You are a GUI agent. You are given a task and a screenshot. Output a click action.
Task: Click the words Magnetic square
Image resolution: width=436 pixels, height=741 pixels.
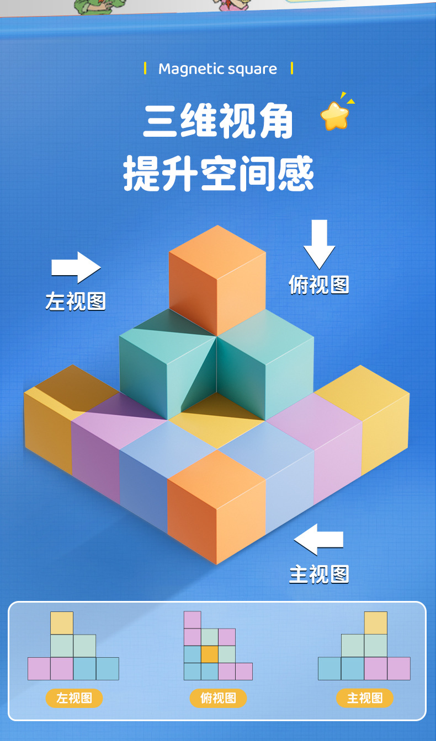click(217, 69)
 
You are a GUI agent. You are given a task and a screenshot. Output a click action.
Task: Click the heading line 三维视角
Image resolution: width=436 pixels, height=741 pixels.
click(218, 122)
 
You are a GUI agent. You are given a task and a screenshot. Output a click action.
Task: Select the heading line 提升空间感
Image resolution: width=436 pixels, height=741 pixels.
click(218, 173)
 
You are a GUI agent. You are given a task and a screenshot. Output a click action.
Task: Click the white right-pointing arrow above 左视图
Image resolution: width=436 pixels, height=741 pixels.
click(76, 267)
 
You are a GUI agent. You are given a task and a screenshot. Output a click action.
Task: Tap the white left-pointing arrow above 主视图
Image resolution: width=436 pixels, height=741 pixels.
click(318, 539)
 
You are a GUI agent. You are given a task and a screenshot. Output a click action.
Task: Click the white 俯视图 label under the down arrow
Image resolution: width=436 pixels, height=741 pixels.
click(319, 284)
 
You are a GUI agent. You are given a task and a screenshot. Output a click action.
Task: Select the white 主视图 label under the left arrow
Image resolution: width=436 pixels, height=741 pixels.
click(319, 574)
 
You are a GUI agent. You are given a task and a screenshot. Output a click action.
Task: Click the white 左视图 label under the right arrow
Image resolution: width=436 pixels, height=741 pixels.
click(76, 302)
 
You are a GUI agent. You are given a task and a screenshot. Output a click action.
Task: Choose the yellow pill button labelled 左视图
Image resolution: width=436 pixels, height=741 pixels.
click(74, 698)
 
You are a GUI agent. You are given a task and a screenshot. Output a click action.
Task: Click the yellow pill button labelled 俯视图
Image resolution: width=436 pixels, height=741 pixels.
click(219, 698)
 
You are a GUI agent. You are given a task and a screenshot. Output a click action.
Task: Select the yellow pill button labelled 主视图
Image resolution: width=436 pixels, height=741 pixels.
click(364, 698)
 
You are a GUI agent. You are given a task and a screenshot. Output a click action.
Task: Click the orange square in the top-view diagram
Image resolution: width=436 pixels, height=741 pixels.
click(209, 654)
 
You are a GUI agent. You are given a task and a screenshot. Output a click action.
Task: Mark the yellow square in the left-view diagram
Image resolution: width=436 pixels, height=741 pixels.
click(62, 623)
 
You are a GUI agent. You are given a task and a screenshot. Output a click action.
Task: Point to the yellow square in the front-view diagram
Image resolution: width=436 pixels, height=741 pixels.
click(375, 623)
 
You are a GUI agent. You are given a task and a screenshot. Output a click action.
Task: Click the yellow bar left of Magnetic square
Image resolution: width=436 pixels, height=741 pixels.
click(145, 69)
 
